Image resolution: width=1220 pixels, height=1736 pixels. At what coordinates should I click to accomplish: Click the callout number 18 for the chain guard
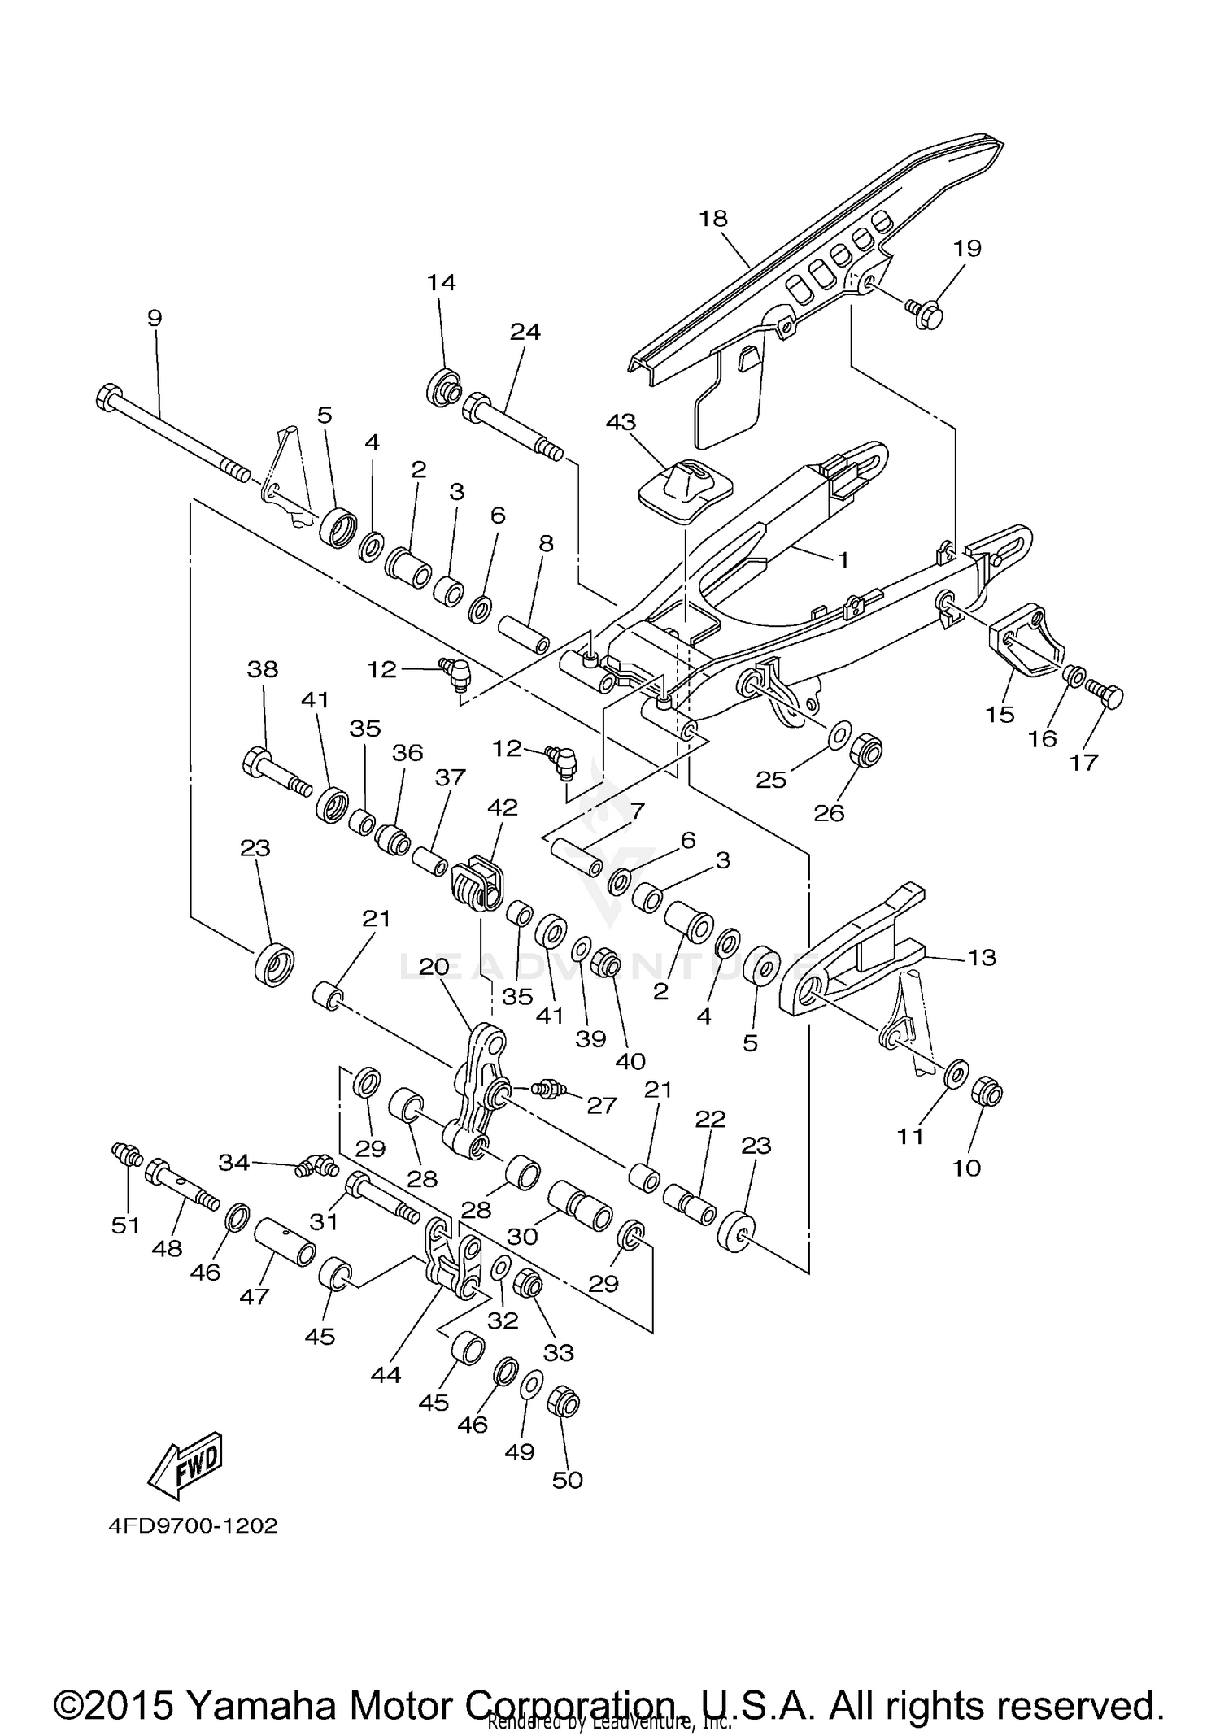[712, 218]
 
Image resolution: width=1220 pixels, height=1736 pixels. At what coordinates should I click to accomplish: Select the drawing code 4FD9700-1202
[193, 1525]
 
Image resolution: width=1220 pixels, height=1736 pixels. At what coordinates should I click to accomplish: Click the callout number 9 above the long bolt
[155, 318]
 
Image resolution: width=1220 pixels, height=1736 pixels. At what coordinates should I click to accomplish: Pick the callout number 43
[621, 422]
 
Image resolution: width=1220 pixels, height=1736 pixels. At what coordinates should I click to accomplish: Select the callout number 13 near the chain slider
[981, 957]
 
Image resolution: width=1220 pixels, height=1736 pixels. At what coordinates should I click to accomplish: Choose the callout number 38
[262, 668]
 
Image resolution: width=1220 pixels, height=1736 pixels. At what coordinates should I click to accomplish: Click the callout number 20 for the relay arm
[434, 967]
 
